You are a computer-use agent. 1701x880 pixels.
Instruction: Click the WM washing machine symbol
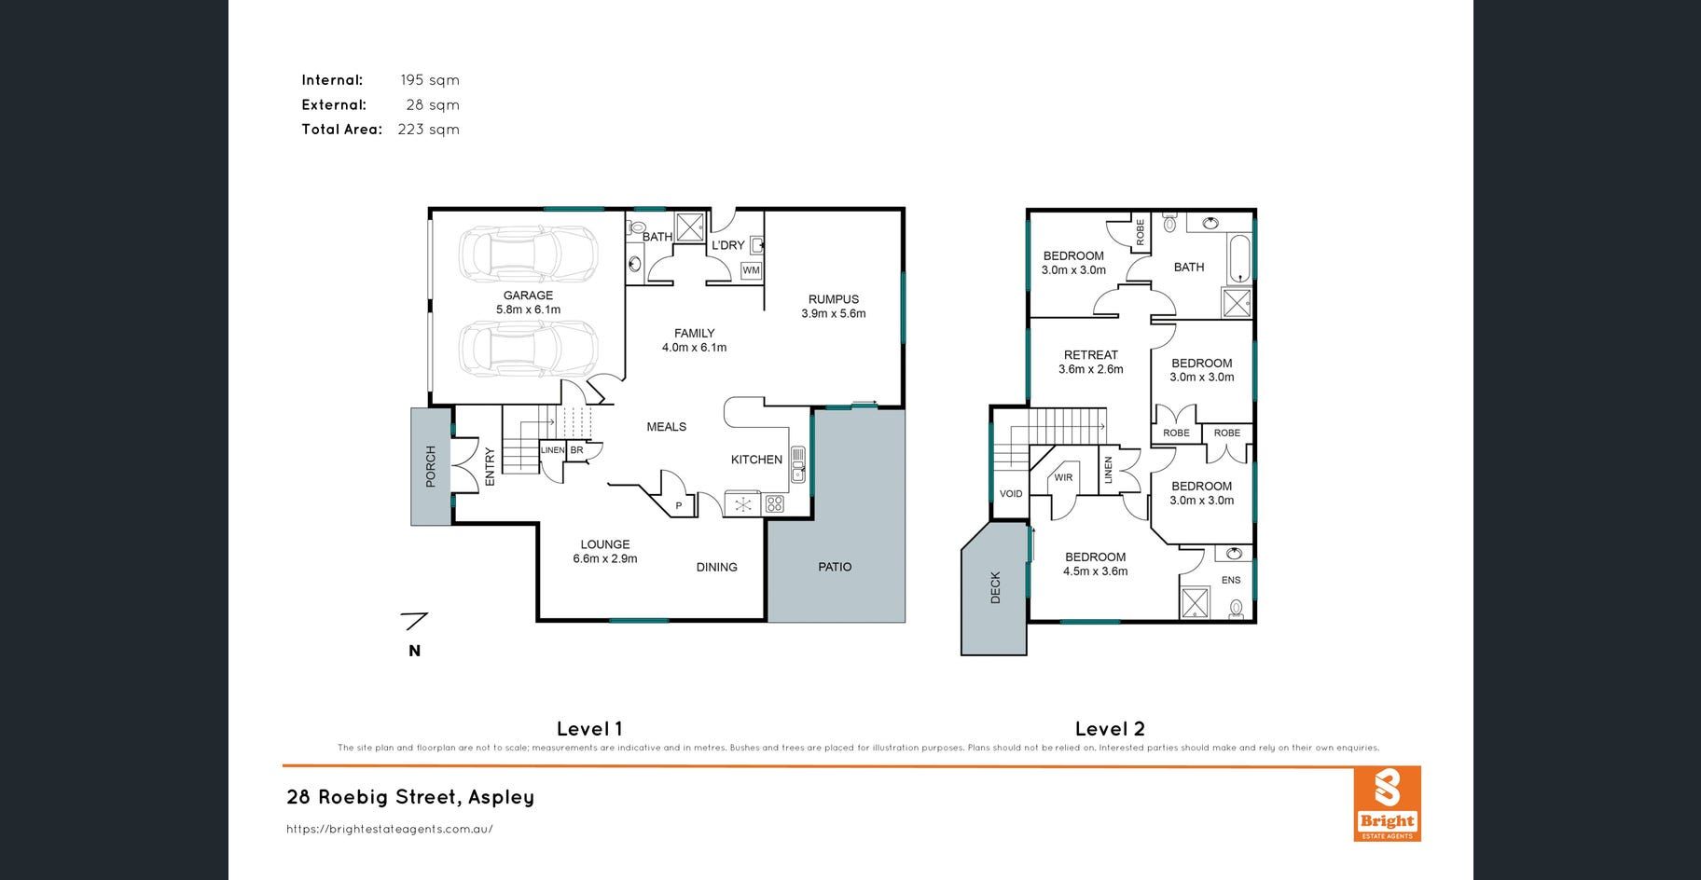[751, 270]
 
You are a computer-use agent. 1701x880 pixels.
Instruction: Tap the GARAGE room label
[528, 296]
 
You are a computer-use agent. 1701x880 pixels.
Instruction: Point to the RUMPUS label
[834, 299]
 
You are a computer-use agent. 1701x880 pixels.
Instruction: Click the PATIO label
[835, 567]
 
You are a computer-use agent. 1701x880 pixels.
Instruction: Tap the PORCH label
[431, 466]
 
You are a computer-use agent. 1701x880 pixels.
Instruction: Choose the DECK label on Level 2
[995, 587]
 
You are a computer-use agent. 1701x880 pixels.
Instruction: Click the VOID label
[1011, 494]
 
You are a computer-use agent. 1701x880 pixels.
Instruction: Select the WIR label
[1063, 477]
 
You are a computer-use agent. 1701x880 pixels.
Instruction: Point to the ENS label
[1231, 580]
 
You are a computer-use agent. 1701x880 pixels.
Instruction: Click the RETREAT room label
[1091, 355]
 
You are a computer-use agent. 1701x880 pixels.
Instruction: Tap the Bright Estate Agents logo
[1387, 804]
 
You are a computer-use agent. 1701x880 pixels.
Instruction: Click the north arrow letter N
[414, 651]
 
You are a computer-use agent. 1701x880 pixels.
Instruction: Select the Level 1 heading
[589, 729]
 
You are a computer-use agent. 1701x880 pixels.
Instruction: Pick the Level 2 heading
[1110, 729]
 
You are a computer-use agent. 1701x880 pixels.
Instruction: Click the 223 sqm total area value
[429, 130]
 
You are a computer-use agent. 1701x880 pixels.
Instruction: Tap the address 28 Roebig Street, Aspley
[410, 797]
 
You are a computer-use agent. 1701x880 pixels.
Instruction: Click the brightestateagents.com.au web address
[390, 829]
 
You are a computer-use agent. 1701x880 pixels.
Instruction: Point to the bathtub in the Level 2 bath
[1239, 258]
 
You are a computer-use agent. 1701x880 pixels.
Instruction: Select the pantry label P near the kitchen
[679, 506]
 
